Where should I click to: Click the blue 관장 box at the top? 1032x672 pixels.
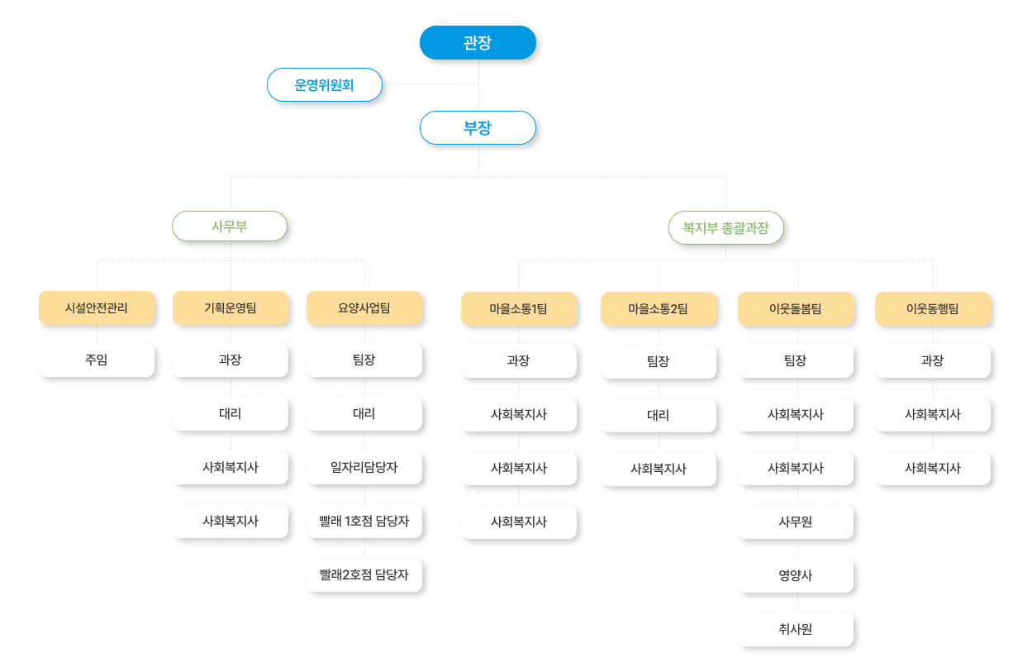[478, 42]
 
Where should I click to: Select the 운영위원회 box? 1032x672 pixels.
[325, 85]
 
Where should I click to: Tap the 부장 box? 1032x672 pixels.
[478, 127]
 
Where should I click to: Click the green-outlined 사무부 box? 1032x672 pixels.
[230, 226]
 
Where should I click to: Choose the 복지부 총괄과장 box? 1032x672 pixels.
[726, 227]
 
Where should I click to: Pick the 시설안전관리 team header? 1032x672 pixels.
[97, 307]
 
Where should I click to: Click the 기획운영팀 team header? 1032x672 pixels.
[231, 307]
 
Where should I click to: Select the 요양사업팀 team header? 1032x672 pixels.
[364, 307]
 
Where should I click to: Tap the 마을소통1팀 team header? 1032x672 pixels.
[519, 309]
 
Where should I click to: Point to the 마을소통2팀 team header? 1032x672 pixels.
[659, 309]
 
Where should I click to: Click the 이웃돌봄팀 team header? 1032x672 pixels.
[796, 309]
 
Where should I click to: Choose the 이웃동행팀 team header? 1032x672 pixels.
[933, 309]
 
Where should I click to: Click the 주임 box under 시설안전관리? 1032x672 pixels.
[97, 360]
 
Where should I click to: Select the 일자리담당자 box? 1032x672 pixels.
[364, 467]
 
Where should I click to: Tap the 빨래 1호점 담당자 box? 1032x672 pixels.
[364, 522]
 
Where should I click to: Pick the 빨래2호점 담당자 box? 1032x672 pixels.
[364, 574]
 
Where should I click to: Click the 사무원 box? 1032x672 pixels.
[796, 522]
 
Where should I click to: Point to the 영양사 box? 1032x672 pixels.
[796, 575]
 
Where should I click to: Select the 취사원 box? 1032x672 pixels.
[796, 630]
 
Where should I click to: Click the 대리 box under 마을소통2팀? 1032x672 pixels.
[659, 415]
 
